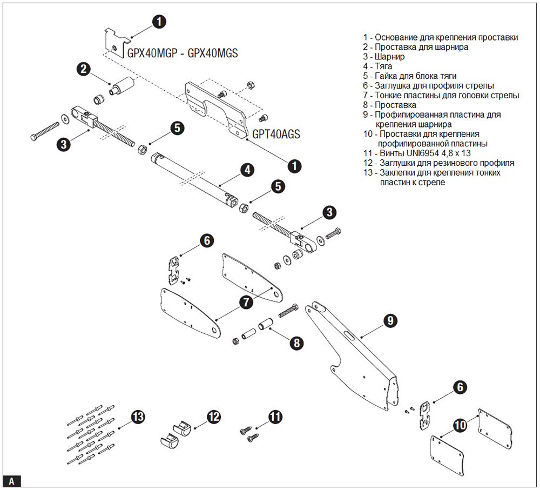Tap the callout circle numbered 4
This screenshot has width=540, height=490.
click(x=247, y=170)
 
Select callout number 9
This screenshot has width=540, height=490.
click(x=389, y=320)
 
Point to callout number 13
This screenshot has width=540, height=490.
click(x=138, y=417)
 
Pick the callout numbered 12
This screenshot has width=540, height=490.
click(x=214, y=417)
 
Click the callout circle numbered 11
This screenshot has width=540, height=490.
click(x=275, y=417)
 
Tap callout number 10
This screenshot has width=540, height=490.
click(x=460, y=426)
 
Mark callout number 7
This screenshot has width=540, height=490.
click(x=246, y=302)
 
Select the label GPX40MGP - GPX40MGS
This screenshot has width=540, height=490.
click(x=182, y=53)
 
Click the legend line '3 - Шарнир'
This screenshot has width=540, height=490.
click(x=384, y=57)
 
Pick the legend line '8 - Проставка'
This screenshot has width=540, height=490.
click(x=389, y=105)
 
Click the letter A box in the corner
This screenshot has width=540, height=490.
click(x=12, y=480)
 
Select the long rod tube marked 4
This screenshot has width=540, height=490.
click(x=194, y=178)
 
